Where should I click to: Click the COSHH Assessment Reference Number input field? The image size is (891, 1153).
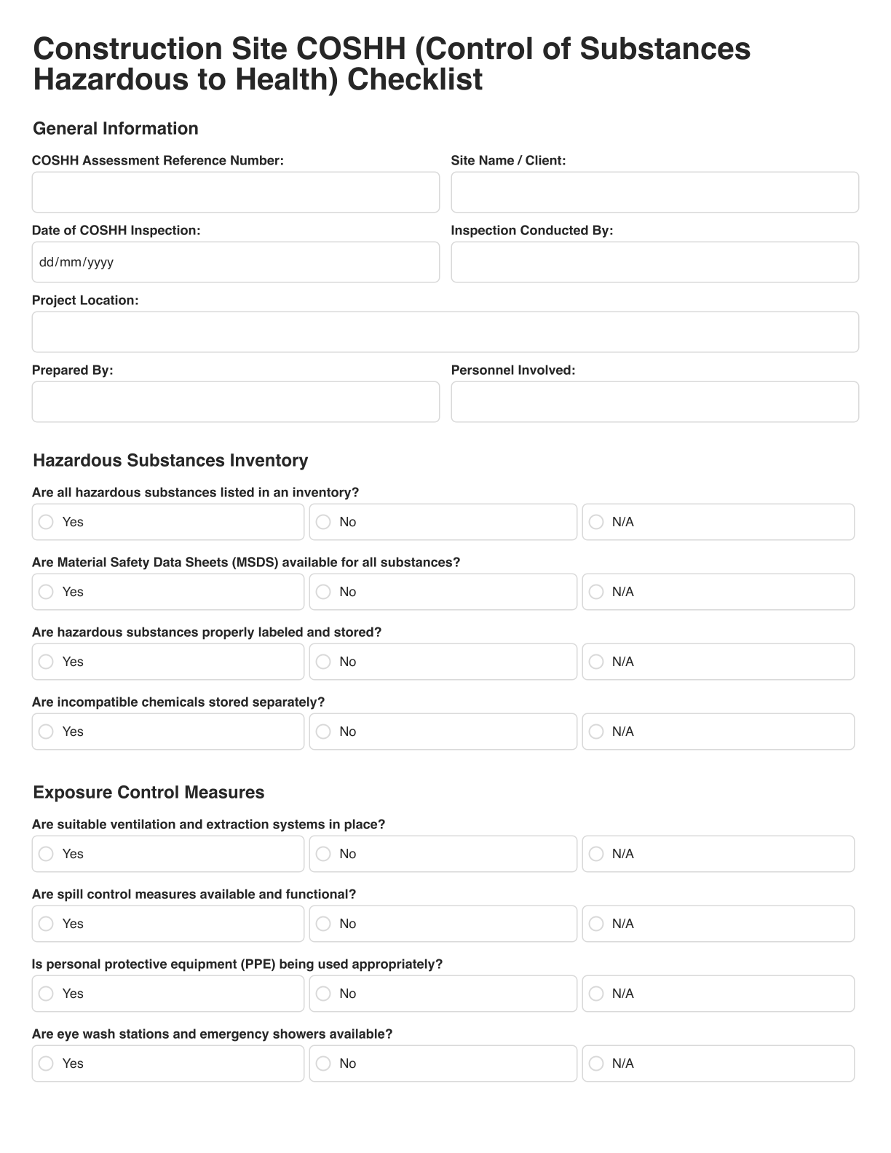tap(235, 192)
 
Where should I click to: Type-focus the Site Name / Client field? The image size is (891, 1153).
tap(654, 192)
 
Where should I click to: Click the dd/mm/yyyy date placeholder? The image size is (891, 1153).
tap(76, 263)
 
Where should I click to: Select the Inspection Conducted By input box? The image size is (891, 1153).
tap(654, 262)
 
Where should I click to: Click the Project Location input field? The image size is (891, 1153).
tap(445, 332)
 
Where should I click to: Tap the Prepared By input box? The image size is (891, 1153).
tap(235, 402)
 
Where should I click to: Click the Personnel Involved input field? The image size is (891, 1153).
tap(654, 402)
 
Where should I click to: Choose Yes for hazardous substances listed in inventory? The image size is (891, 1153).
tap(46, 522)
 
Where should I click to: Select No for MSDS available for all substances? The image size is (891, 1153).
tap(323, 592)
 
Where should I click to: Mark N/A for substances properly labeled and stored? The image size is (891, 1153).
tap(596, 662)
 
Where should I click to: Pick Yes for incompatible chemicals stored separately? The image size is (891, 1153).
tap(46, 732)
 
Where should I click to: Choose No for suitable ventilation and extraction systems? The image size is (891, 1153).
tap(323, 854)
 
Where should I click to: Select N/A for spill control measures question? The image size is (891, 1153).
tap(596, 924)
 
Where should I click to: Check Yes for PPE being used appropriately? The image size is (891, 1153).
tap(46, 994)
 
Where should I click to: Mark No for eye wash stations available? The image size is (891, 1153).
tap(323, 1063)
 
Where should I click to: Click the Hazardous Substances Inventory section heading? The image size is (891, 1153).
tap(170, 461)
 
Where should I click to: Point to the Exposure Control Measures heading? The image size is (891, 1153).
tap(148, 793)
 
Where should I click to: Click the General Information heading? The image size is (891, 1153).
tap(115, 129)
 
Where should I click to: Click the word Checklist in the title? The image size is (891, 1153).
tap(414, 79)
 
